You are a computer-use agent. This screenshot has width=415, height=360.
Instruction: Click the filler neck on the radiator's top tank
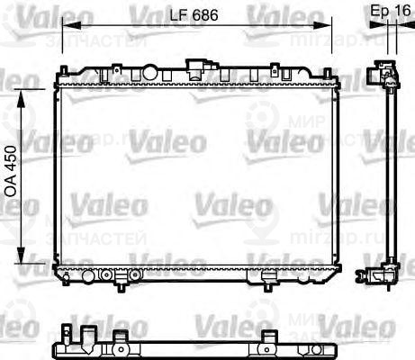(x=196, y=63)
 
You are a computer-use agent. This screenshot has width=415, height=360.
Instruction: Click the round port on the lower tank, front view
(x=106, y=274)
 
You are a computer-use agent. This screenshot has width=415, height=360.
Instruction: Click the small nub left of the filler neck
(x=117, y=66)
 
